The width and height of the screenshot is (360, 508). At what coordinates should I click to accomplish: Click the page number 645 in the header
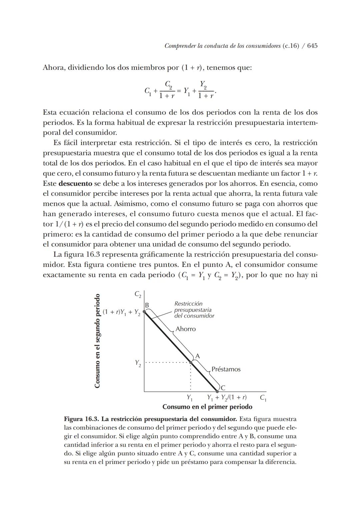pyautogui.click(x=312, y=46)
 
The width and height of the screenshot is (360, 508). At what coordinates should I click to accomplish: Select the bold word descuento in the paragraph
pyautogui.click(x=75, y=183)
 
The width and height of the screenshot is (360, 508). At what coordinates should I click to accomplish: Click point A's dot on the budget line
pyautogui.click(x=191, y=362)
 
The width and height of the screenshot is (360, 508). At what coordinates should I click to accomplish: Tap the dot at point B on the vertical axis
pyautogui.click(x=144, y=312)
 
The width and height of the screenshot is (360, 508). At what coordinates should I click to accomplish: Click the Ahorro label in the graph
pyautogui.click(x=186, y=329)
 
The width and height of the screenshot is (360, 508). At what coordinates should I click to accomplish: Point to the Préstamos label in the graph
pyautogui.click(x=226, y=369)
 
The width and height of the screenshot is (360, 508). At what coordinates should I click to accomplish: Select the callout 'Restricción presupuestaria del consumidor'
pyautogui.click(x=194, y=310)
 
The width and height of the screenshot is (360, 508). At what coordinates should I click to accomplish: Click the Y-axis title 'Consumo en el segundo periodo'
pyautogui.click(x=97, y=341)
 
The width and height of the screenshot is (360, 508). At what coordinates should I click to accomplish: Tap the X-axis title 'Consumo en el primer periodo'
pyautogui.click(x=207, y=407)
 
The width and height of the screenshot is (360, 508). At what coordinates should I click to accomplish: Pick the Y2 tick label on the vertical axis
pyautogui.click(x=138, y=363)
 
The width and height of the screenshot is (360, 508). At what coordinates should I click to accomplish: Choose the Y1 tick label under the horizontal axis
pyautogui.click(x=189, y=398)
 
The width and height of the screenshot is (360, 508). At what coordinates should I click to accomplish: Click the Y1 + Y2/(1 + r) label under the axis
pyautogui.click(x=227, y=398)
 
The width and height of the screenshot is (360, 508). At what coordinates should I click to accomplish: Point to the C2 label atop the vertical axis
pyautogui.click(x=138, y=294)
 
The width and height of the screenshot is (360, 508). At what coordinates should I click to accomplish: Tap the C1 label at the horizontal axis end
pyautogui.click(x=263, y=398)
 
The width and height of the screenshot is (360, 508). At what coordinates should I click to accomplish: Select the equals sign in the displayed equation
pyautogui.click(x=179, y=90)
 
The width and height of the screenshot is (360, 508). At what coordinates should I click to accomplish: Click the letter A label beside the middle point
pyautogui.click(x=198, y=356)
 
